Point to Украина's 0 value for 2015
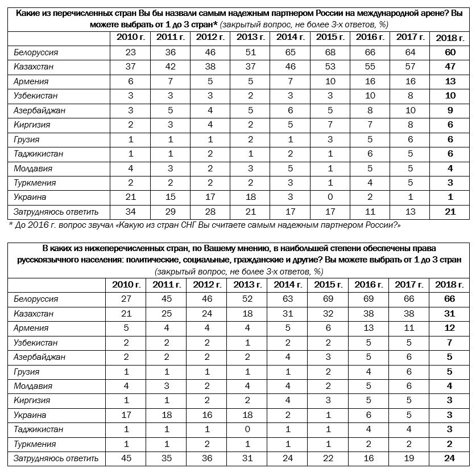coord(330,198)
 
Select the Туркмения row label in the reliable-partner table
coord(35,183)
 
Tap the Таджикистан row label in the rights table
coord(38,429)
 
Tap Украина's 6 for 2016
coord(369,415)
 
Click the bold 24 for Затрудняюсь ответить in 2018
coord(449,458)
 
